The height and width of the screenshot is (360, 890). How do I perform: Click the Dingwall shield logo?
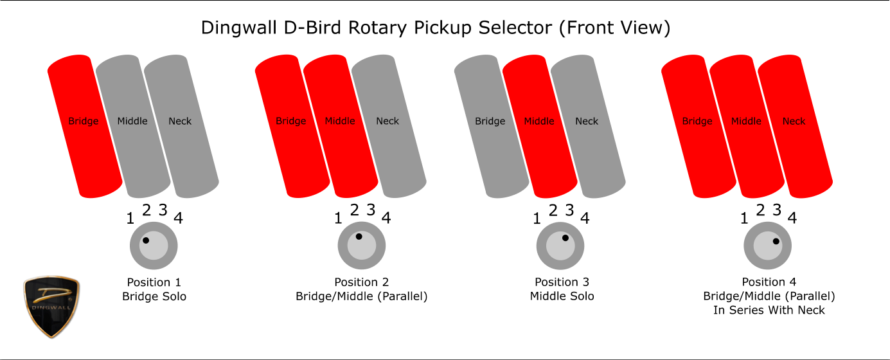click(51, 307)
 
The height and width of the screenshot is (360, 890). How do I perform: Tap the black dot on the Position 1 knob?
click(146, 240)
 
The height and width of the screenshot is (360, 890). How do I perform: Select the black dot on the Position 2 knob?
click(359, 237)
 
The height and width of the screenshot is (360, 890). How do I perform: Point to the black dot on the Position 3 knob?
click(565, 238)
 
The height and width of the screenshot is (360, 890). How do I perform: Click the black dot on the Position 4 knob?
click(776, 241)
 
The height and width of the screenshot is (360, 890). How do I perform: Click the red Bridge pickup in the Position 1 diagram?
click(85, 127)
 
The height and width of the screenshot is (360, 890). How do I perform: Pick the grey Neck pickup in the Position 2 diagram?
click(389, 127)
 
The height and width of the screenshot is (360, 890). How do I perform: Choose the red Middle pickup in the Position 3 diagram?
click(540, 127)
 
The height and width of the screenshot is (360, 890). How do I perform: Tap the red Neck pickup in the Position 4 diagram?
click(796, 127)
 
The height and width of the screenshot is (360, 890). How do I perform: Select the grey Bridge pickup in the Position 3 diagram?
click(492, 127)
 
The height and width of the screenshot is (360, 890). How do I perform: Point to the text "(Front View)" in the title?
click(615, 28)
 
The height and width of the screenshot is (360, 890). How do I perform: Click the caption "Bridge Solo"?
click(154, 296)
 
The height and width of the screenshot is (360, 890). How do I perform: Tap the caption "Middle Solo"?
click(562, 296)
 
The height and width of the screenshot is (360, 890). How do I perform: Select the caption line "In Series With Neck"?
click(769, 310)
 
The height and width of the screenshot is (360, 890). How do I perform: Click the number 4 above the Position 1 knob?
click(179, 218)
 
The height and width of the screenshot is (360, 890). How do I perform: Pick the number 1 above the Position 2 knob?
click(338, 218)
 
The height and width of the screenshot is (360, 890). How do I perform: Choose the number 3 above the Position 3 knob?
click(570, 210)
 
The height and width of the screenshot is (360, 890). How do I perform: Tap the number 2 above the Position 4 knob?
click(760, 210)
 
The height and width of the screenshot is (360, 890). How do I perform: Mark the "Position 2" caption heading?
click(362, 282)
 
